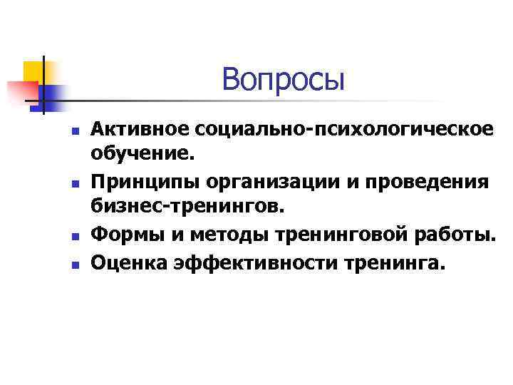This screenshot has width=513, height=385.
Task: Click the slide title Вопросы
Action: click(x=283, y=79)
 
